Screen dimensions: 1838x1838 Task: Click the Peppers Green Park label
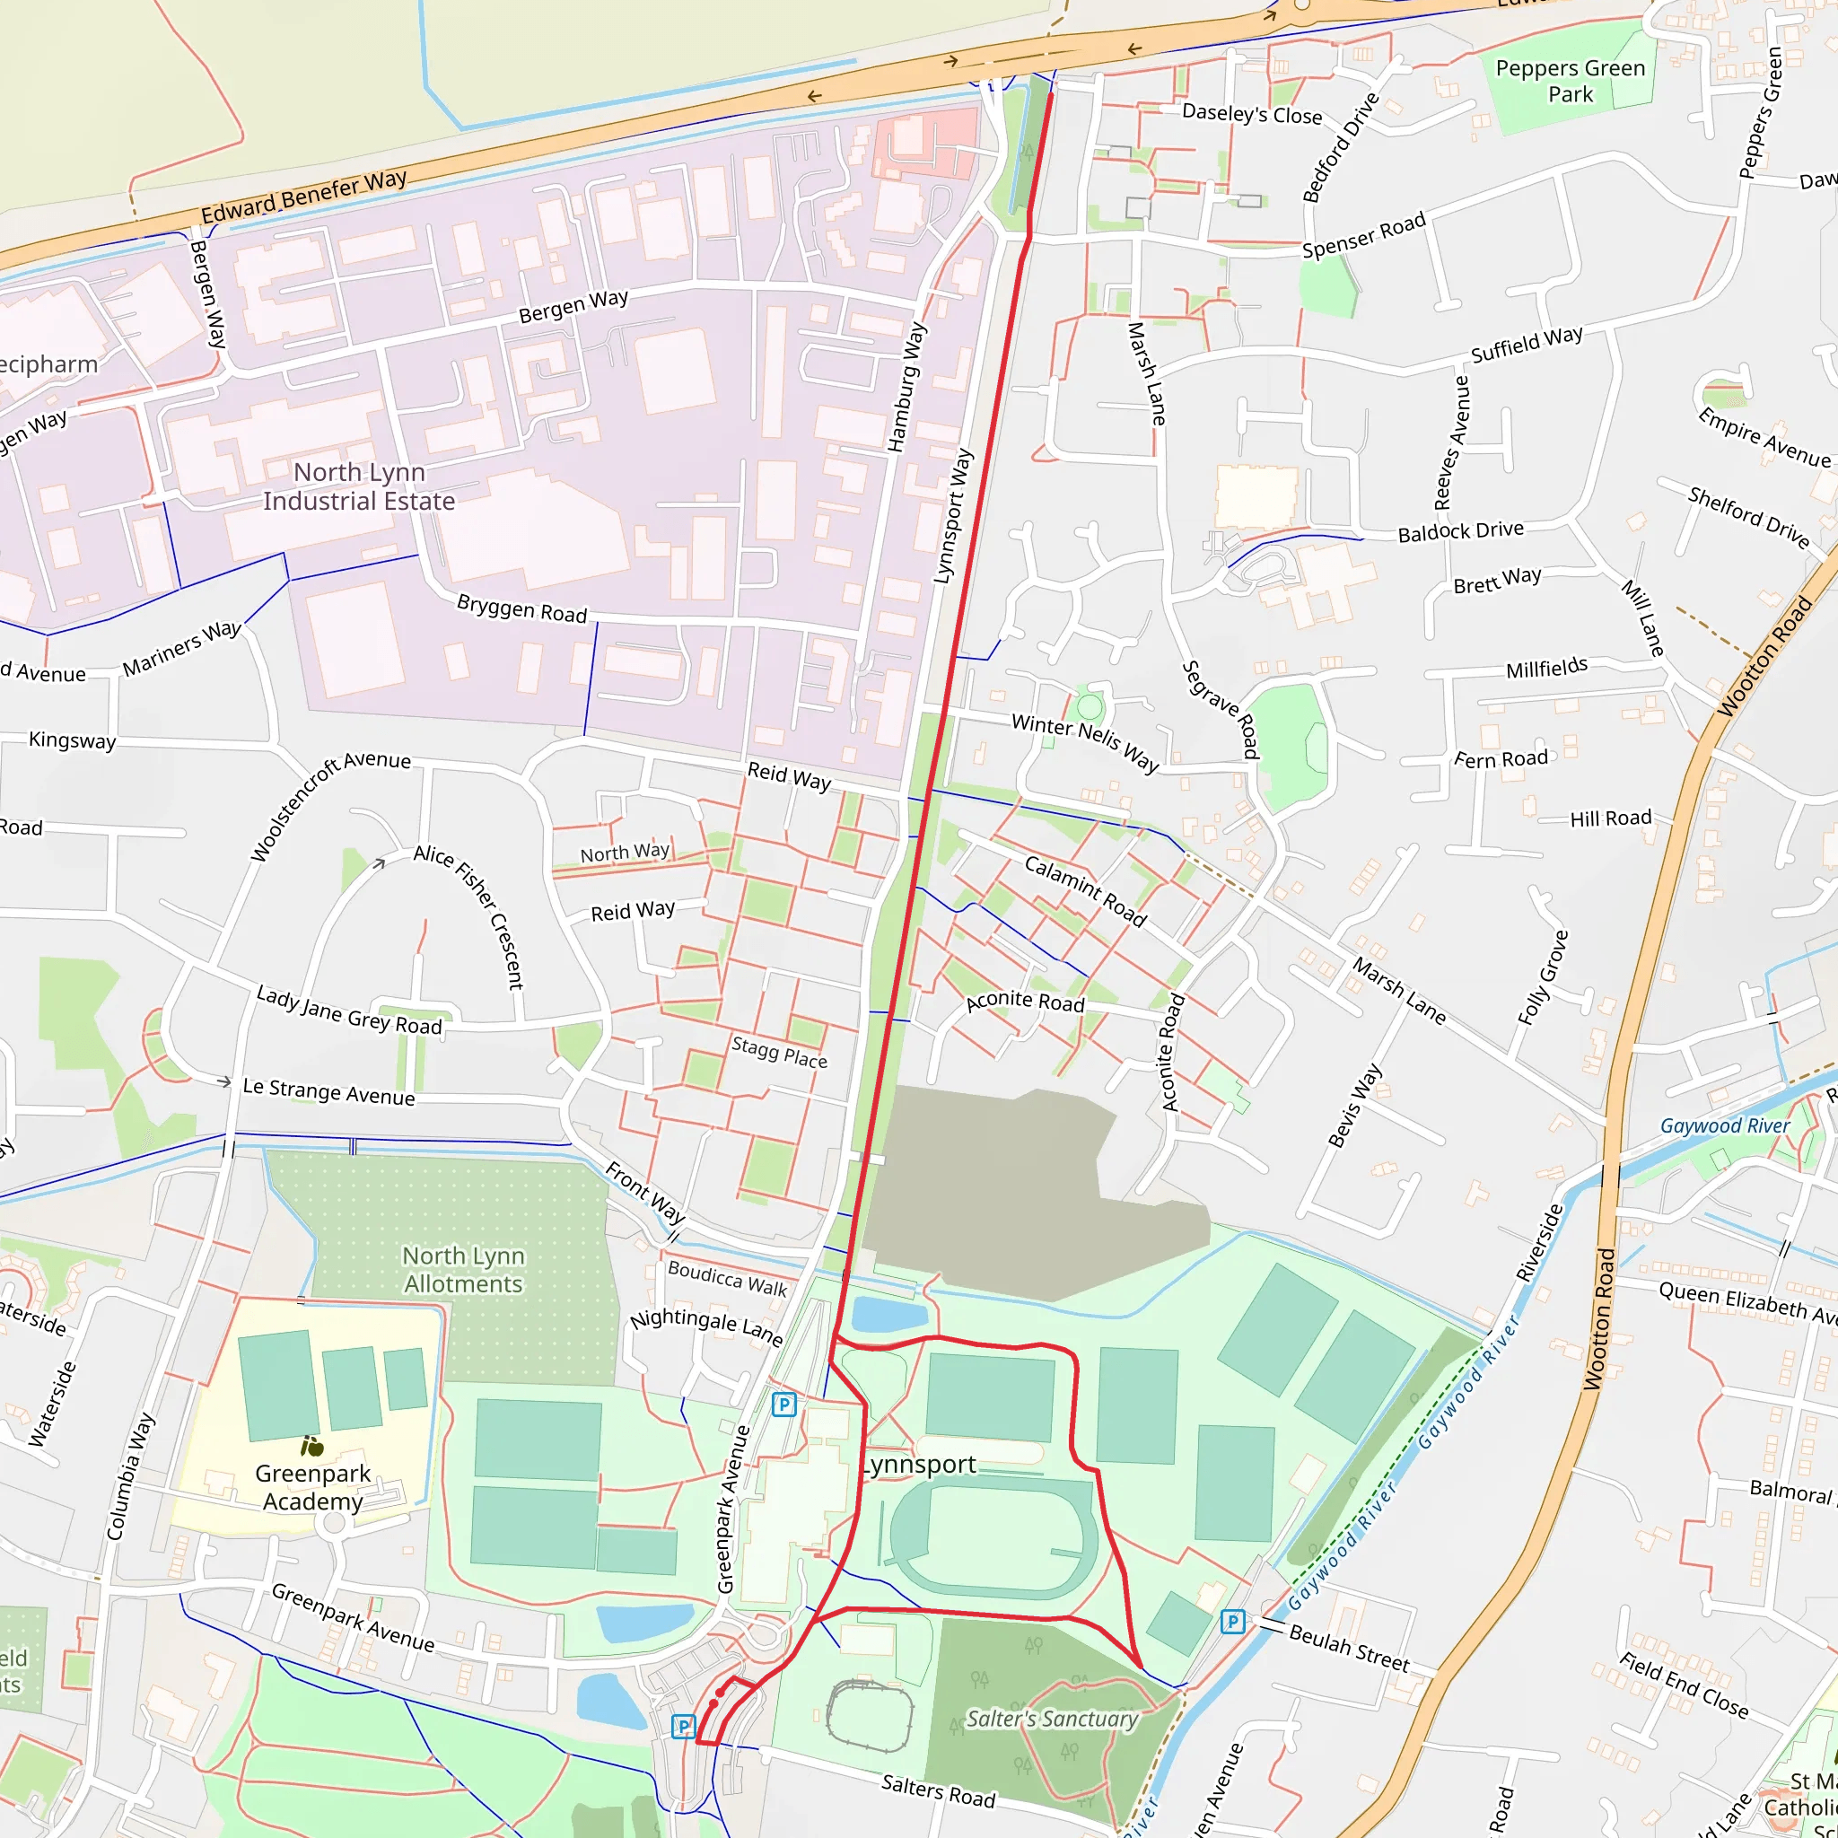point(1570,81)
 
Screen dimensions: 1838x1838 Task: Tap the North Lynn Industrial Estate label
point(359,486)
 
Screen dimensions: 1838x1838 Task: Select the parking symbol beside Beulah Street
point(1232,1621)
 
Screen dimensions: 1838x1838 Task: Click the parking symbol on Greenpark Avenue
point(783,1405)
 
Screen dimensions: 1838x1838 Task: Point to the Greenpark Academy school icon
point(312,1447)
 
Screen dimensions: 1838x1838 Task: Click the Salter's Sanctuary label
point(1051,1718)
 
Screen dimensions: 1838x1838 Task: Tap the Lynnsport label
point(918,1465)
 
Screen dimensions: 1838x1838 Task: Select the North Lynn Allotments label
point(463,1269)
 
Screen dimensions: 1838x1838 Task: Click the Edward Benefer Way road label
point(303,197)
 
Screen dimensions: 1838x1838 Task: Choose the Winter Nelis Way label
point(1084,742)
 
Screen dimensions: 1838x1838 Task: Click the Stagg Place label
point(779,1052)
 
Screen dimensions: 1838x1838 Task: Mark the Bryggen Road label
point(521,608)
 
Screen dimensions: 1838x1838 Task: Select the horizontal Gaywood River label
point(1724,1125)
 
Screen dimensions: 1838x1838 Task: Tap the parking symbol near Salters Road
point(683,1726)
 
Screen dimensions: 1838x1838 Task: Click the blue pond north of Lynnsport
point(888,1314)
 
